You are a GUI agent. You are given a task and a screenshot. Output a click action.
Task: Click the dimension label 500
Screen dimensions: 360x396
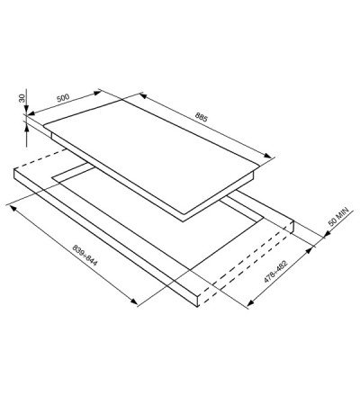coord(63,98)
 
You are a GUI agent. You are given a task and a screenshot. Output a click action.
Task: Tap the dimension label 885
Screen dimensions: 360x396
coord(202,117)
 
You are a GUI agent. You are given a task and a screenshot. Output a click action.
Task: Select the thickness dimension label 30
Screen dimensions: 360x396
coord(22,98)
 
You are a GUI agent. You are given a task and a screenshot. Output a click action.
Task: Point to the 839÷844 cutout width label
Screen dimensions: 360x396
coord(85,255)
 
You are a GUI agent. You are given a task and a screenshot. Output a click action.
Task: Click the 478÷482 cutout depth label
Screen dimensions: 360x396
coord(275,272)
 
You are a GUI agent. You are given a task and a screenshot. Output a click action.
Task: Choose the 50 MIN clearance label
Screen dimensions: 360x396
coord(338,216)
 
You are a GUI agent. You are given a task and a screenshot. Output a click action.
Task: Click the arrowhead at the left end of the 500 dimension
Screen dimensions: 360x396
coord(31,113)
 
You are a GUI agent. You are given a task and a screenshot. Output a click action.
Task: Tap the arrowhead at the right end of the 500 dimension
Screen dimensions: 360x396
coord(97,93)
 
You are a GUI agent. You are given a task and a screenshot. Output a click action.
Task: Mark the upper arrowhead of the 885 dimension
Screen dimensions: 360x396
coord(143,95)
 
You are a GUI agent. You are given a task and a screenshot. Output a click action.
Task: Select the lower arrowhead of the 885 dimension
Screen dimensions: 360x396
coord(267,155)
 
